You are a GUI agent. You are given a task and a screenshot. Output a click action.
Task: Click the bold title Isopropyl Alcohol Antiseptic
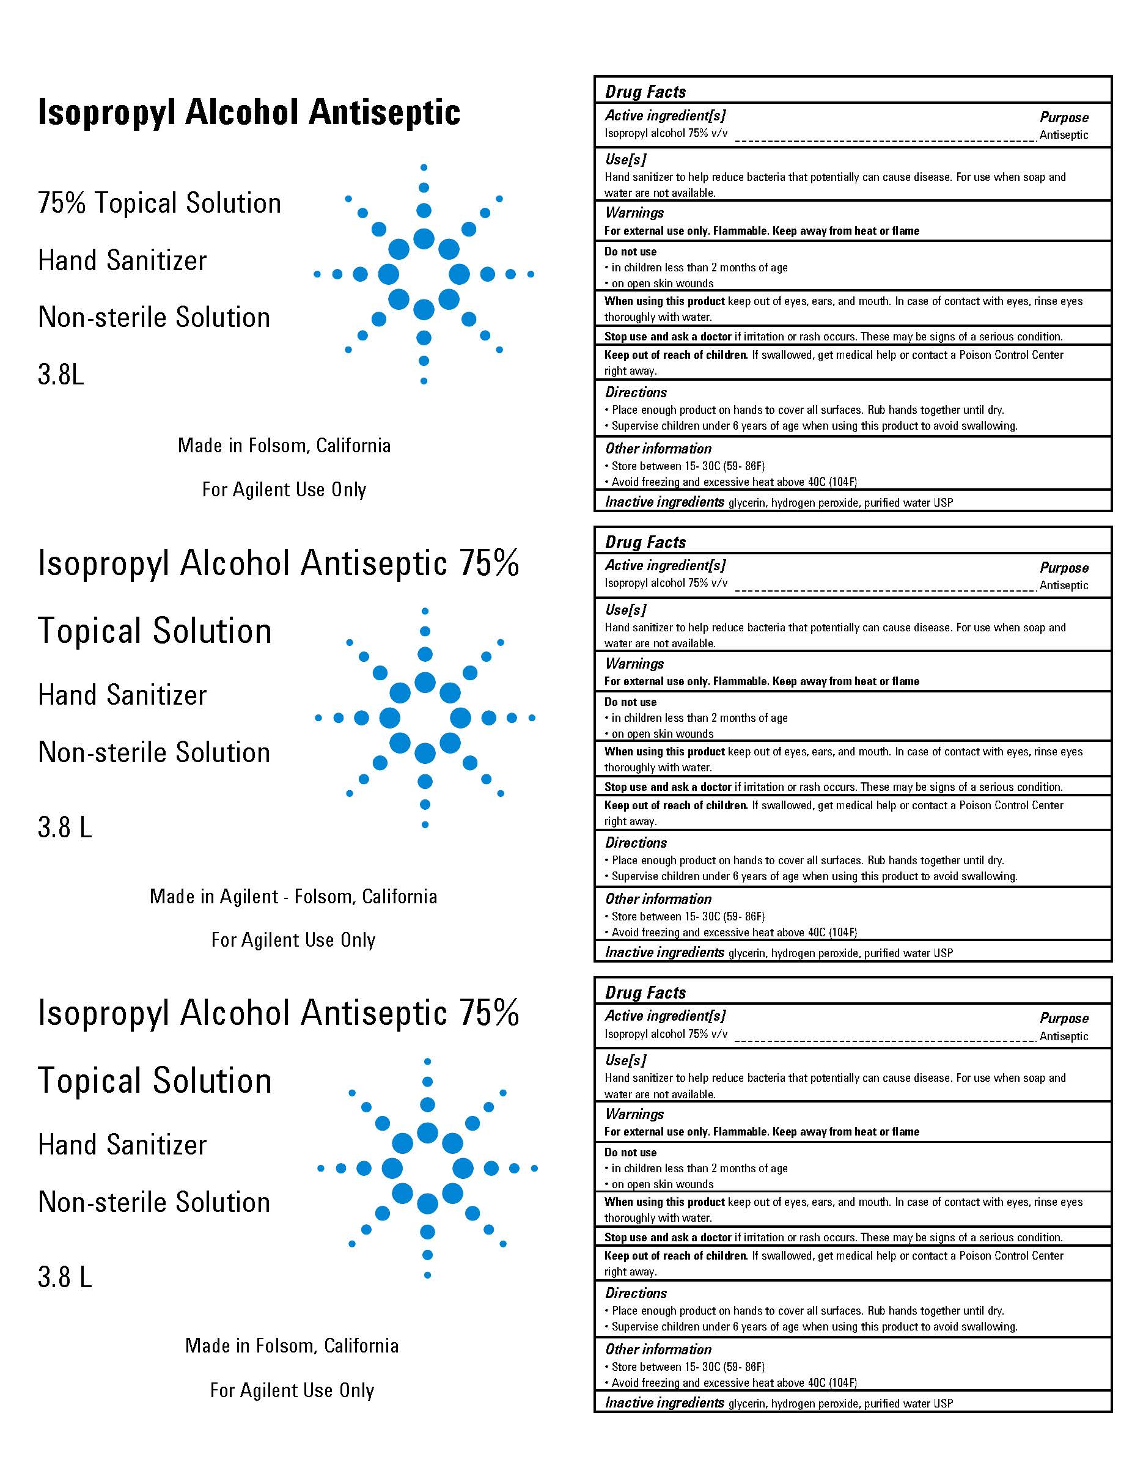click(249, 112)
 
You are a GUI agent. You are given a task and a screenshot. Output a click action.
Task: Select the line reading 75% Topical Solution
click(159, 203)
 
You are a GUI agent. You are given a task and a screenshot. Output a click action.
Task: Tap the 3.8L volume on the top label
click(61, 375)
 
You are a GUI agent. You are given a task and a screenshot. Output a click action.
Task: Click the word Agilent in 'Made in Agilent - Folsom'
click(249, 897)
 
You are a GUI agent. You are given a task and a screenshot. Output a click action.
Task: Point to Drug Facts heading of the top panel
click(645, 92)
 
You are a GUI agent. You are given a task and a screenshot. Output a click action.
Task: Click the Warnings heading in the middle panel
click(634, 664)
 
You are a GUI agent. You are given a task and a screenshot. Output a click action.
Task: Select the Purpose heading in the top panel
click(1064, 118)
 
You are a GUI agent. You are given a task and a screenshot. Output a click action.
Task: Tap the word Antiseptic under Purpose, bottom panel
click(1064, 1036)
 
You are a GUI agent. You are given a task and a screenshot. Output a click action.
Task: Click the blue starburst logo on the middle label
click(425, 718)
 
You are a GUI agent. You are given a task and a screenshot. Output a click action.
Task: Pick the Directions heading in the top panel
click(636, 393)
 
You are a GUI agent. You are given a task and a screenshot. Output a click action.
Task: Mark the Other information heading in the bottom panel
click(658, 1349)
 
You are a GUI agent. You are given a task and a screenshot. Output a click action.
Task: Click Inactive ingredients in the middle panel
click(664, 953)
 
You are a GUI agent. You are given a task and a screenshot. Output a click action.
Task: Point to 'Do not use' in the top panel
click(630, 252)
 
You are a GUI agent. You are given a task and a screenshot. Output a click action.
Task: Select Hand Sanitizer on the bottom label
click(122, 1145)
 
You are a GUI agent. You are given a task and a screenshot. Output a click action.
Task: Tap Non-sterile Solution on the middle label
click(153, 752)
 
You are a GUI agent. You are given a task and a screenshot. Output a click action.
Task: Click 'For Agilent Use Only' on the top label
click(284, 490)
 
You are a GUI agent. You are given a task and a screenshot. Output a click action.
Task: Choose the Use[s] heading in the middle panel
click(625, 610)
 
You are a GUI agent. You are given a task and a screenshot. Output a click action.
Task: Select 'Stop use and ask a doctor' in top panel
click(667, 337)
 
